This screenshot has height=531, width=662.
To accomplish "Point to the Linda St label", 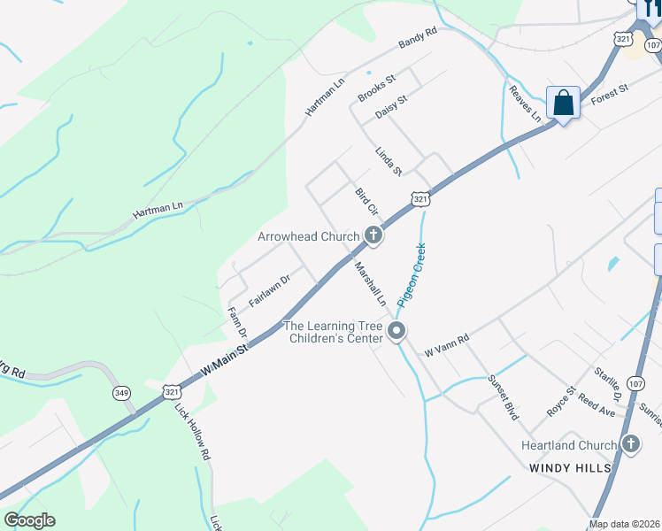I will coord(389,160).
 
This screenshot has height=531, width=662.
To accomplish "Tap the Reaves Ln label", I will coord(525,103).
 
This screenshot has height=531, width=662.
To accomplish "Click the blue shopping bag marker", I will coord(563,104).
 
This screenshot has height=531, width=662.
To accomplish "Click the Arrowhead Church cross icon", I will coord(373,236).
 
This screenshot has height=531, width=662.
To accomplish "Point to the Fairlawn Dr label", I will coord(270,290).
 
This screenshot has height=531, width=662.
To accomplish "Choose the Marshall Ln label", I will coord(371,283).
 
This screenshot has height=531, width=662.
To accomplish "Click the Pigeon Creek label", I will coord(412,274).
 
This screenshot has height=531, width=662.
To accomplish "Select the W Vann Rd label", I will coord(445,342).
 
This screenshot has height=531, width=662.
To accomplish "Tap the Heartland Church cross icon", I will coord(630,444).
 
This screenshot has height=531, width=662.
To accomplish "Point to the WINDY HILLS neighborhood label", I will coord(571,466).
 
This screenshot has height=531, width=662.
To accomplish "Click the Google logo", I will coord(30,520).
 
